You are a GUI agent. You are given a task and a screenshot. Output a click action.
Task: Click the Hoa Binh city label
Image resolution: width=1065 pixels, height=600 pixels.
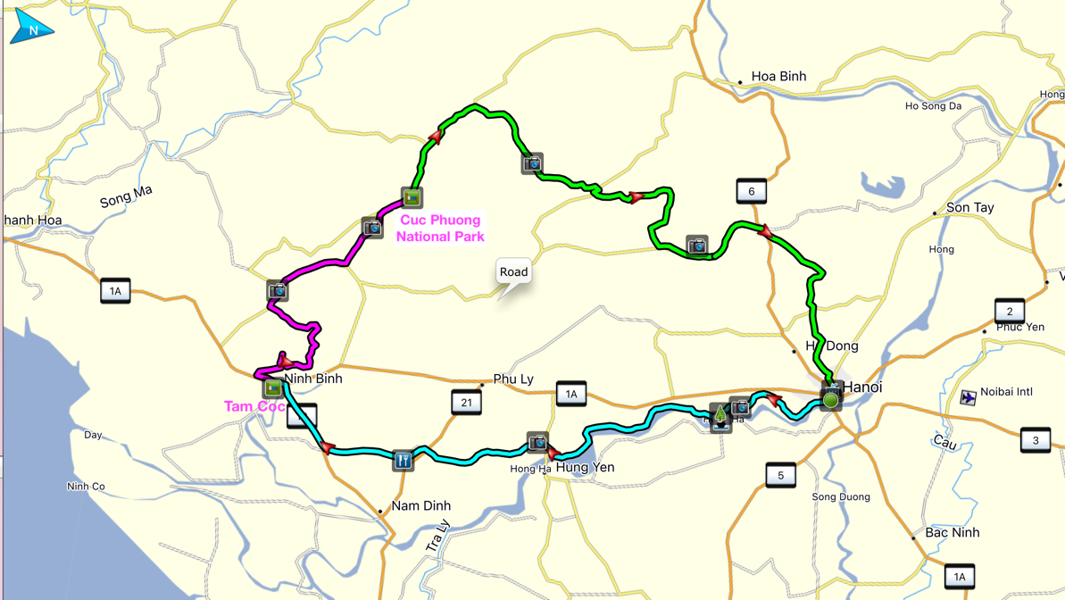pyautogui.click(x=778, y=77)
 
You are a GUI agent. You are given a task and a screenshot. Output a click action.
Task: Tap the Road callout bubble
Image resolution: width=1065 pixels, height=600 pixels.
pyautogui.click(x=513, y=272)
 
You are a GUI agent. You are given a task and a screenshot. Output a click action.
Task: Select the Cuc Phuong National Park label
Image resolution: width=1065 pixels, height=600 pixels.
pyautogui.click(x=440, y=229)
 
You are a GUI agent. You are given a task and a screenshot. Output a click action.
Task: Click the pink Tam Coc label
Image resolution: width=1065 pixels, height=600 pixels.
pyautogui.click(x=254, y=406)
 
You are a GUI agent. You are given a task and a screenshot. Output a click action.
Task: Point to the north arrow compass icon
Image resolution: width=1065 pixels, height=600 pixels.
pyautogui.click(x=32, y=28)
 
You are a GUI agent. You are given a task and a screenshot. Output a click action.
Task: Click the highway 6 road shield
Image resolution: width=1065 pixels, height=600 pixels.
pyautogui.click(x=751, y=191)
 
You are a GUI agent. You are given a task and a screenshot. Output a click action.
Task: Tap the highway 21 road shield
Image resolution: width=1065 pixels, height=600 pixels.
pyautogui.click(x=466, y=403)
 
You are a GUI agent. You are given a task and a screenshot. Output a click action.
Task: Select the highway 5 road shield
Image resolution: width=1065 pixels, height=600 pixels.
pyautogui.click(x=780, y=475)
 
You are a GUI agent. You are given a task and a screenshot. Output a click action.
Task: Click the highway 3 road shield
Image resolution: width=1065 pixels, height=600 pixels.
pyautogui.click(x=1035, y=440)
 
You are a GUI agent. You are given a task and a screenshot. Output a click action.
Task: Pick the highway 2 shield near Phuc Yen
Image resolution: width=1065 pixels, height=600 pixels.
pyautogui.click(x=1009, y=312)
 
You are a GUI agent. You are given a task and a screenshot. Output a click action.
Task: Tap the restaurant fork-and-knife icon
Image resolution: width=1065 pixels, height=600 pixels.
pyautogui.click(x=404, y=460)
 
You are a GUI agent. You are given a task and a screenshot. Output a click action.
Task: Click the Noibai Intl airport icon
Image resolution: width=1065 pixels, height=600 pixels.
pyautogui.click(x=968, y=397)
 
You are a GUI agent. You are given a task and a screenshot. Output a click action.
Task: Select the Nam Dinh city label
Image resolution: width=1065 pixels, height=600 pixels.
pyautogui.click(x=420, y=506)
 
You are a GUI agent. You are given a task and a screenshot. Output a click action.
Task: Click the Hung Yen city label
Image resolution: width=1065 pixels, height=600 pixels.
pyautogui.click(x=585, y=468)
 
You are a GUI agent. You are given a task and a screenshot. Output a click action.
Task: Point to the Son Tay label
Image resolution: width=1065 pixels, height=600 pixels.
pyautogui.click(x=969, y=208)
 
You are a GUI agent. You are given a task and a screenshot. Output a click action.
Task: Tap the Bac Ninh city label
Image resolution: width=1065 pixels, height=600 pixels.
pyautogui.click(x=952, y=533)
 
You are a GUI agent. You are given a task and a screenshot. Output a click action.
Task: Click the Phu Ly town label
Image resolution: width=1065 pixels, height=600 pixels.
pyautogui.click(x=513, y=379)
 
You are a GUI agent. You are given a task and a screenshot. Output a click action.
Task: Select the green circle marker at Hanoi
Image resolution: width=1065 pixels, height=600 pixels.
pyautogui.click(x=830, y=400)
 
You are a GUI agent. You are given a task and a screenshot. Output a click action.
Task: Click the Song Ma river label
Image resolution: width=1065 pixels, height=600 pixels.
pyautogui.click(x=126, y=196)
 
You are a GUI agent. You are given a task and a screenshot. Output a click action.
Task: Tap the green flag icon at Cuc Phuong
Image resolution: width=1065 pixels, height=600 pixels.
pyautogui.click(x=412, y=197)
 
